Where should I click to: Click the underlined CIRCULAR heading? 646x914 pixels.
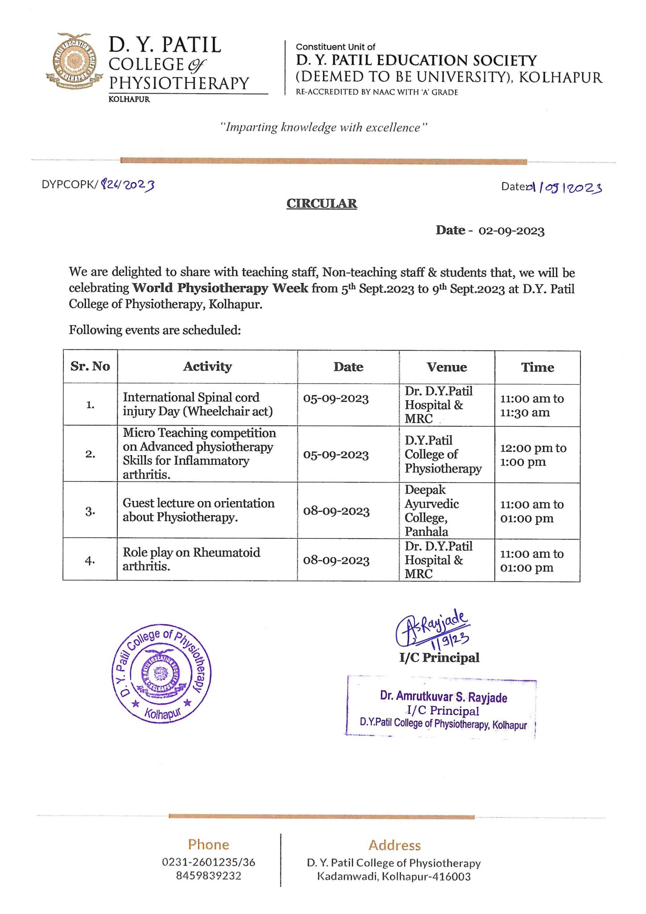(x=322, y=204)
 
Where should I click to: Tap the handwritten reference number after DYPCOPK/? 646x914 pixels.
(x=128, y=184)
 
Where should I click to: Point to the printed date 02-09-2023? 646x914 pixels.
(x=511, y=231)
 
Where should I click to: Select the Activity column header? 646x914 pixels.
(x=207, y=366)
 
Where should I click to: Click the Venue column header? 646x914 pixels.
(x=447, y=367)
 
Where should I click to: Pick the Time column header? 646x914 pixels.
(x=537, y=367)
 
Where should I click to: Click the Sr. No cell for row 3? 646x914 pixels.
(x=90, y=511)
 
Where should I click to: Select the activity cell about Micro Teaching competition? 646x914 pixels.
(x=199, y=453)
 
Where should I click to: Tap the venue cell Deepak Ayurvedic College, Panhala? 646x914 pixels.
(x=431, y=511)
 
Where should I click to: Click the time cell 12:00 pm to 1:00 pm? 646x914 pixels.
(x=533, y=455)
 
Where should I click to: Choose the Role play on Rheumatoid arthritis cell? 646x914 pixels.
(x=191, y=559)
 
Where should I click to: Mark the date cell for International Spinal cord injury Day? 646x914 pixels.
(x=336, y=398)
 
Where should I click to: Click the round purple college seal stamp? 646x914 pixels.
(x=161, y=673)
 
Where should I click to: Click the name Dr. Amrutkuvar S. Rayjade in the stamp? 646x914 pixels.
(x=443, y=697)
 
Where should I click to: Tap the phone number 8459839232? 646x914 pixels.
(x=208, y=876)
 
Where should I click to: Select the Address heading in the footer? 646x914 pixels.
(x=394, y=845)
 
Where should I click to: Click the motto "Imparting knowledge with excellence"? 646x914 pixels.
(x=324, y=128)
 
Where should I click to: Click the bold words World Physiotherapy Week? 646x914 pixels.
(x=220, y=288)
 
